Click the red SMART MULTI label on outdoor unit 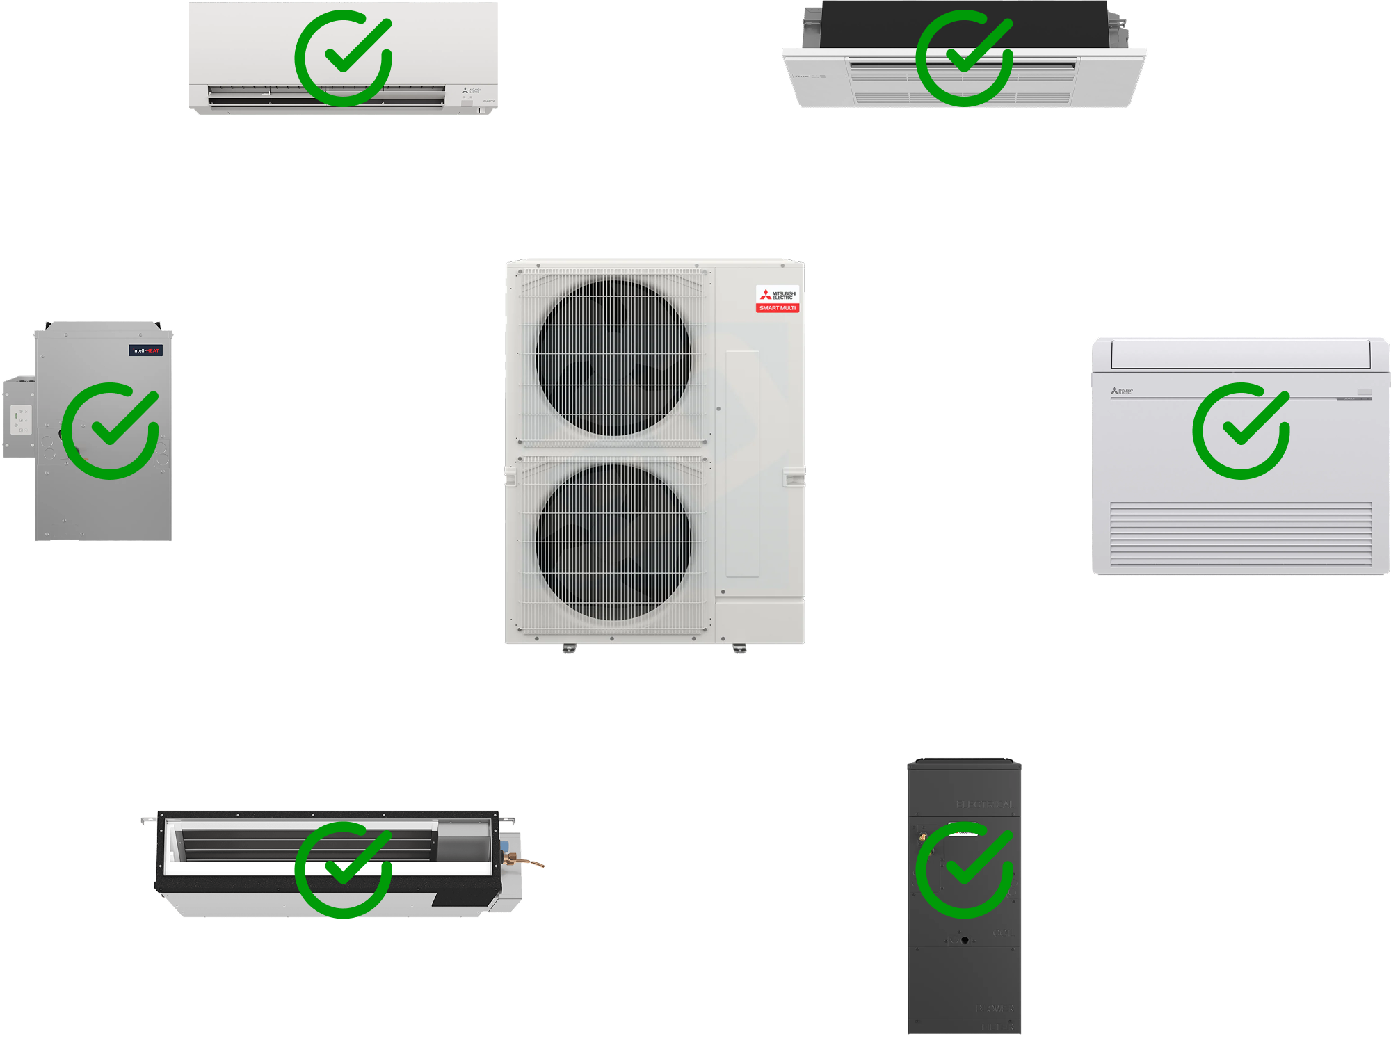(x=778, y=308)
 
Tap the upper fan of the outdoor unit (x=613, y=357)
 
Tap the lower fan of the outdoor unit (x=613, y=541)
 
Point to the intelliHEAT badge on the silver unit (x=146, y=350)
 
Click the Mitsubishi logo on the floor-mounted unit (x=1122, y=391)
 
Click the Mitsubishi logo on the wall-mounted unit (x=472, y=91)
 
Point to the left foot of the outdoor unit (x=569, y=649)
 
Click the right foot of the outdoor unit (x=739, y=649)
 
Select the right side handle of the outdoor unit (x=794, y=478)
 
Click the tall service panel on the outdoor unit (x=742, y=464)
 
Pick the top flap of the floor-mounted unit (x=1241, y=353)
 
